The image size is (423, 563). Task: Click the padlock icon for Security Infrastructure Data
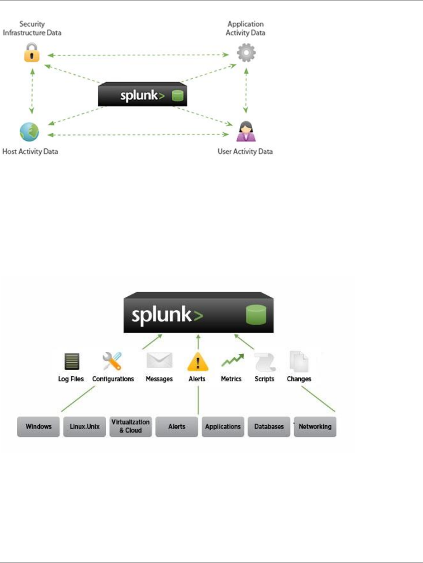[x=32, y=53]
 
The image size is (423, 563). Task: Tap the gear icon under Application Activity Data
[x=246, y=53]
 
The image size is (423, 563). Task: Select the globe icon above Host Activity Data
[x=29, y=132]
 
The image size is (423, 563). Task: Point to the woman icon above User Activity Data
[x=246, y=131]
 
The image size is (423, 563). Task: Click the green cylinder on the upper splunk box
[x=178, y=96]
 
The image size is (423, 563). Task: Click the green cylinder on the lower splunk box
[x=256, y=315]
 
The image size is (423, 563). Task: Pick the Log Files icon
[x=71, y=361]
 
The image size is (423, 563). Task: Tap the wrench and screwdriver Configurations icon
[x=112, y=361]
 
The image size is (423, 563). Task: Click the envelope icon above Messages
[x=159, y=361]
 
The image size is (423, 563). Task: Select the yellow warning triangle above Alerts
[x=198, y=362]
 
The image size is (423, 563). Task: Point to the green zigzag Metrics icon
[x=232, y=361]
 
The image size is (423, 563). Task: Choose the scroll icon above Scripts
[x=265, y=362]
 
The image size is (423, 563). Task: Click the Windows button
[x=38, y=426]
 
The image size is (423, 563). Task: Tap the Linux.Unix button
[x=85, y=426]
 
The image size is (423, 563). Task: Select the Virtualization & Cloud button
[x=130, y=426]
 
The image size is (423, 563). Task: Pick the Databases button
[x=269, y=426]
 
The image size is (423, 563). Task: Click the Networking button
[x=315, y=426]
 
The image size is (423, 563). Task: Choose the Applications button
[x=223, y=426]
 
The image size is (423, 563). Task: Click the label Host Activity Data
[x=30, y=151]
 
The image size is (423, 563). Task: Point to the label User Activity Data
[x=245, y=151]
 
